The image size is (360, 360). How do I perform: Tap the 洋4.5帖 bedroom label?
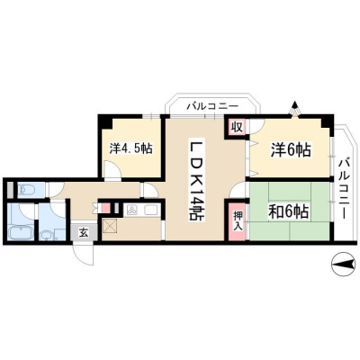[130, 148]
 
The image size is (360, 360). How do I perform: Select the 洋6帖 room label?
[291, 149]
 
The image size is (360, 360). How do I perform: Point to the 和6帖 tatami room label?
[288, 212]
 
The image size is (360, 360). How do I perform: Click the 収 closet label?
[237, 127]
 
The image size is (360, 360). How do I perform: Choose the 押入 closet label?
[238, 221]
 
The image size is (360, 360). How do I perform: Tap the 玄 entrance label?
[84, 232]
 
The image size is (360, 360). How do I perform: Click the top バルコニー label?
[212, 106]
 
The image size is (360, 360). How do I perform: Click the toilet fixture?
[24, 190]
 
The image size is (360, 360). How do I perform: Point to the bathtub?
[19, 232]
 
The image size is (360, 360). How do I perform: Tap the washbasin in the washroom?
[46, 235]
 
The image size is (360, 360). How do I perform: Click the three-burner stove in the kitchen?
[132, 210]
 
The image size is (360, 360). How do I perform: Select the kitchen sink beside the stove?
[151, 210]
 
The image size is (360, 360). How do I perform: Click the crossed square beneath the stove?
[109, 225]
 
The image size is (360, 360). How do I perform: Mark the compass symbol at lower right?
[343, 264]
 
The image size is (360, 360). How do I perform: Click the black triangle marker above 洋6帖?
[295, 105]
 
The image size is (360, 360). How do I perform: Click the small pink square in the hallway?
[105, 208]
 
